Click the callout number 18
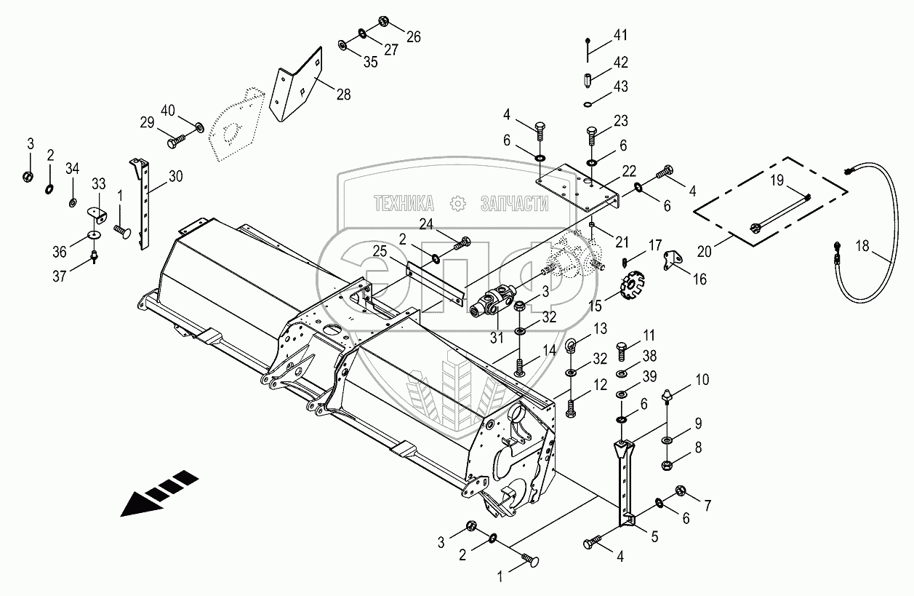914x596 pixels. coord(862,247)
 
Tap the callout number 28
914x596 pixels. coord(342,95)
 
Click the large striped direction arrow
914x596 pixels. coord(159,494)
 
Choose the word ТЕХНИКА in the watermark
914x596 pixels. coord(404,203)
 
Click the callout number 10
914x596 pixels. coord(702,379)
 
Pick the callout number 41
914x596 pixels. coord(620,36)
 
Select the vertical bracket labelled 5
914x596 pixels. coord(626,480)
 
